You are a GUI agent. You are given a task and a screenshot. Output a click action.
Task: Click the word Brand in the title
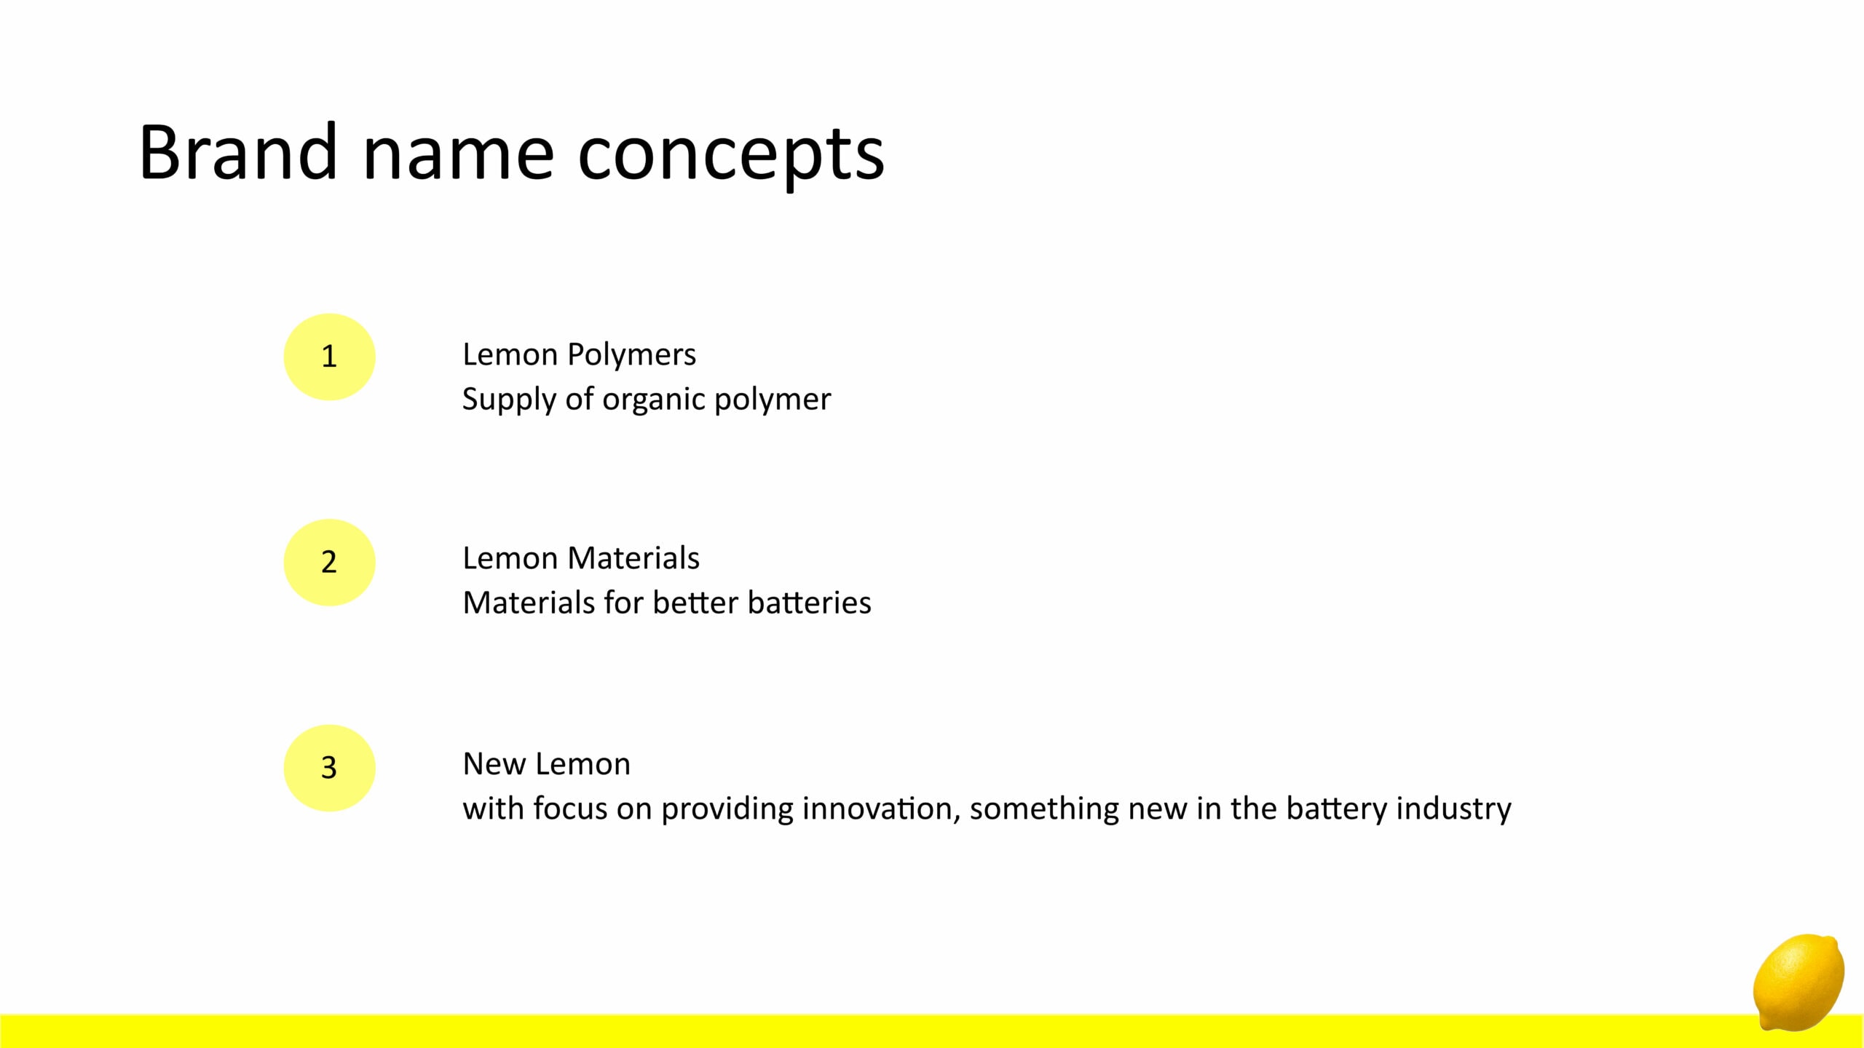tap(238, 152)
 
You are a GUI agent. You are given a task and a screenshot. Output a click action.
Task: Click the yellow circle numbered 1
tap(329, 357)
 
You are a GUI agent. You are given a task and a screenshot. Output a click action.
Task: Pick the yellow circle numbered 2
tap(329, 563)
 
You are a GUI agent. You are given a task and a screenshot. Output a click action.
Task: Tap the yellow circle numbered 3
tap(329, 768)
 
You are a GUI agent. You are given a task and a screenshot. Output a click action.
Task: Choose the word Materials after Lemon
tap(633, 559)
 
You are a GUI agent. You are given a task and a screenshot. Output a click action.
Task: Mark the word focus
tap(570, 809)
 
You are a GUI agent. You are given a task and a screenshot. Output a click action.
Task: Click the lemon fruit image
tap(1798, 982)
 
